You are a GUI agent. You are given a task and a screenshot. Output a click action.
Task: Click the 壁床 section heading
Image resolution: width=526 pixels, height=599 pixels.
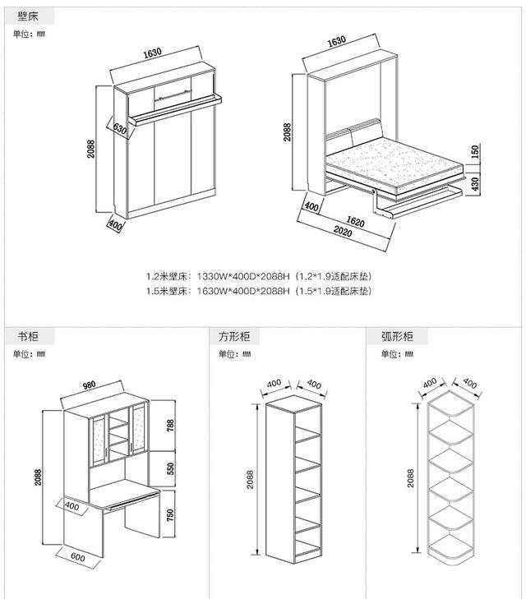(27, 16)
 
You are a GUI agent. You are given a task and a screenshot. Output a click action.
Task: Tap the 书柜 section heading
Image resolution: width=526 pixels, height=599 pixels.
(27, 337)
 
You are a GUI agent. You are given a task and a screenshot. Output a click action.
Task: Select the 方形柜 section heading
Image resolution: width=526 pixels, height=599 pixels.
(233, 337)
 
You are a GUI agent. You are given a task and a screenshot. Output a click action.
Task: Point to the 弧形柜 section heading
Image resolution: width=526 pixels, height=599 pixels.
(397, 337)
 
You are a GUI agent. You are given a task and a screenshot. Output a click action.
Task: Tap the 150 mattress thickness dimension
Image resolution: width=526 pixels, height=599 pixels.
(474, 152)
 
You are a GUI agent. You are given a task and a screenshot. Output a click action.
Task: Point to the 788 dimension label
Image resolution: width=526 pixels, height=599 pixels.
(171, 425)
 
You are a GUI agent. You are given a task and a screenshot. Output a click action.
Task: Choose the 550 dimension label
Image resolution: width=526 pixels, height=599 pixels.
(171, 469)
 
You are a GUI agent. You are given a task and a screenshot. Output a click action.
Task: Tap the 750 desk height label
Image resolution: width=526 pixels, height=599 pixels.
(171, 514)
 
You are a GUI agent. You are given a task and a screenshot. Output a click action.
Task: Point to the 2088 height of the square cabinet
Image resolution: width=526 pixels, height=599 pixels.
(251, 480)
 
